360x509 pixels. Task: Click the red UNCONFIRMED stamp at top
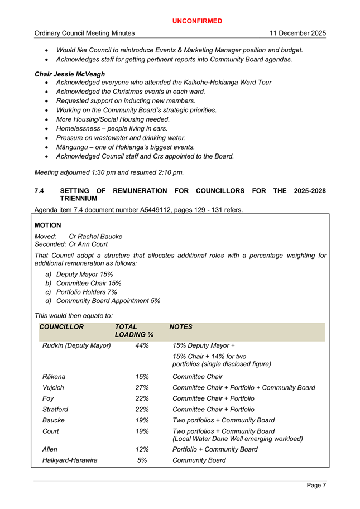pos(196,21)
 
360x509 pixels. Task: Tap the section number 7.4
pos(40,191)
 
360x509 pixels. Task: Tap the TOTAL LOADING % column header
pos(134,330)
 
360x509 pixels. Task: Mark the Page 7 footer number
pos(316,486)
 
